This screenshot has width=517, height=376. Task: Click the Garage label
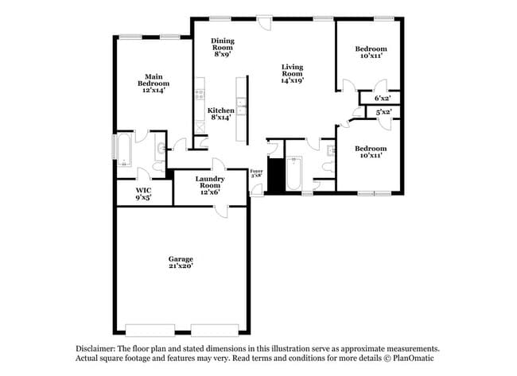(x=180, y=262)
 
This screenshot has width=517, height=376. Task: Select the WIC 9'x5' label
(x=143, y=193)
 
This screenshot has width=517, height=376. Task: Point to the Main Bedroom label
(x=154, y=83)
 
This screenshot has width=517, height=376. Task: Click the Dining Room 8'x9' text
(x=222, y=48)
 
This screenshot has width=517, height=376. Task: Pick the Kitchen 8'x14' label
(x=221, y=114)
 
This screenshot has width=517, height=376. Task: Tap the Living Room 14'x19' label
(x=293, y=74)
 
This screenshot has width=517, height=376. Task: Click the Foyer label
(x=256, y=173)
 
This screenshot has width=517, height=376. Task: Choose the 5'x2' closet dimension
(x=383, y=112)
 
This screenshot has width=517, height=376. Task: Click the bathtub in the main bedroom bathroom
(x=125, y=150)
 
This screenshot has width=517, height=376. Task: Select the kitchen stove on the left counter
(x=199, y=98)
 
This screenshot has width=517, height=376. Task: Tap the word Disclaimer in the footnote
(x=95, y=349)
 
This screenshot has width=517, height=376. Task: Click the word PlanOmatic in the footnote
(x=417, y=359)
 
